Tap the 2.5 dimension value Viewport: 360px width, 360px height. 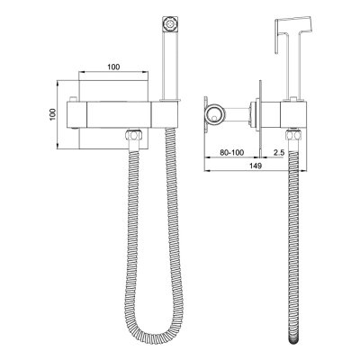pos(280,154)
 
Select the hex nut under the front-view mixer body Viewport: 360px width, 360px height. pos(134,136)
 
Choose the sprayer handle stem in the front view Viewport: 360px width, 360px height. pos(167,63)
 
